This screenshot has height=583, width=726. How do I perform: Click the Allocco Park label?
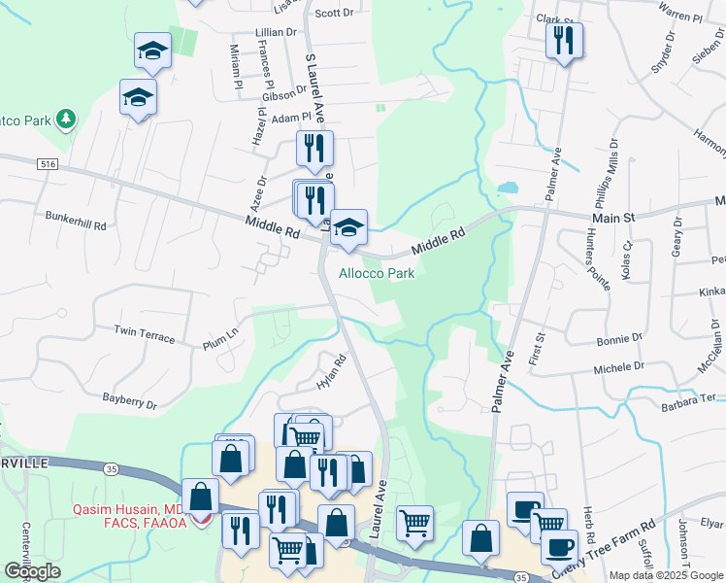(x=377, y=273)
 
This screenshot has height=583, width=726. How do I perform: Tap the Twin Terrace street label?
(x=145, y=335)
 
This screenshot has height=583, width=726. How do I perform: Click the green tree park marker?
(x=66, y=120)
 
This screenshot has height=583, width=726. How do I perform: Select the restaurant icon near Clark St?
(x=564, y=40)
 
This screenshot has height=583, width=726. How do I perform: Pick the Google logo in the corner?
(x=33, y=571)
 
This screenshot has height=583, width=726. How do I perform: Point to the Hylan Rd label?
(x=331, y=372)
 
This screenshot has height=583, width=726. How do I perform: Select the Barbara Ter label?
(x=688, y=399)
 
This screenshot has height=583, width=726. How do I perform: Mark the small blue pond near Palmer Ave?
(x=507, y=187)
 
